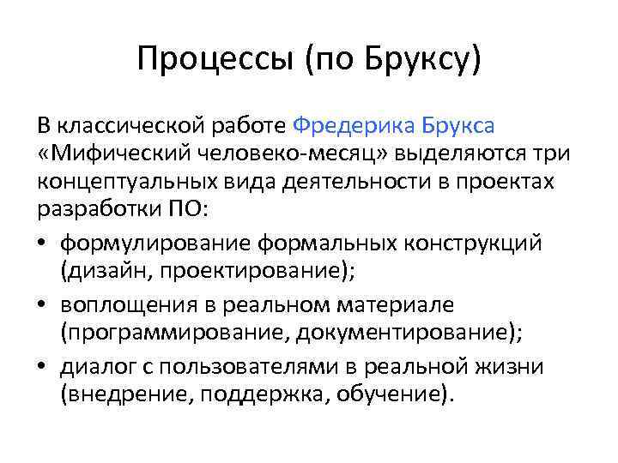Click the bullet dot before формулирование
tap(44, 244)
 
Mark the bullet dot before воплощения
tap(44, 305)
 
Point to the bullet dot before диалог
tap(44, 367)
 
